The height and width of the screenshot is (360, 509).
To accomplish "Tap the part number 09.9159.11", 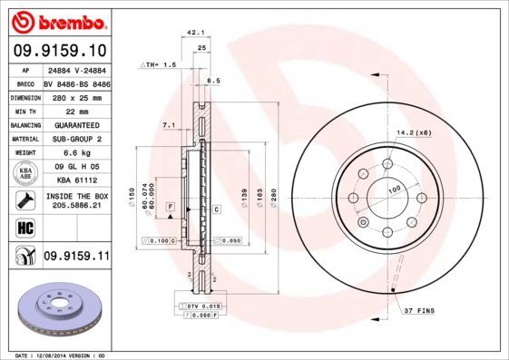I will point(76,258).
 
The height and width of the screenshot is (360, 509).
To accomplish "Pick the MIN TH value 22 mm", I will point(75,110).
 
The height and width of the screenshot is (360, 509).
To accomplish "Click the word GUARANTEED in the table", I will point(75,124).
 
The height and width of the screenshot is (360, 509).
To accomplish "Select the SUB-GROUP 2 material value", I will point(75,139).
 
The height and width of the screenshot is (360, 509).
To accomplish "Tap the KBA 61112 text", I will point(75,181).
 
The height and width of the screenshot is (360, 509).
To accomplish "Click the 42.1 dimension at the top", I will point(192,34).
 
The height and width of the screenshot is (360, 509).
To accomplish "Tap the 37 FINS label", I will point(420,311).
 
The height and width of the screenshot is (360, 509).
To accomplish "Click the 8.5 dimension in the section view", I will point(214,82).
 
